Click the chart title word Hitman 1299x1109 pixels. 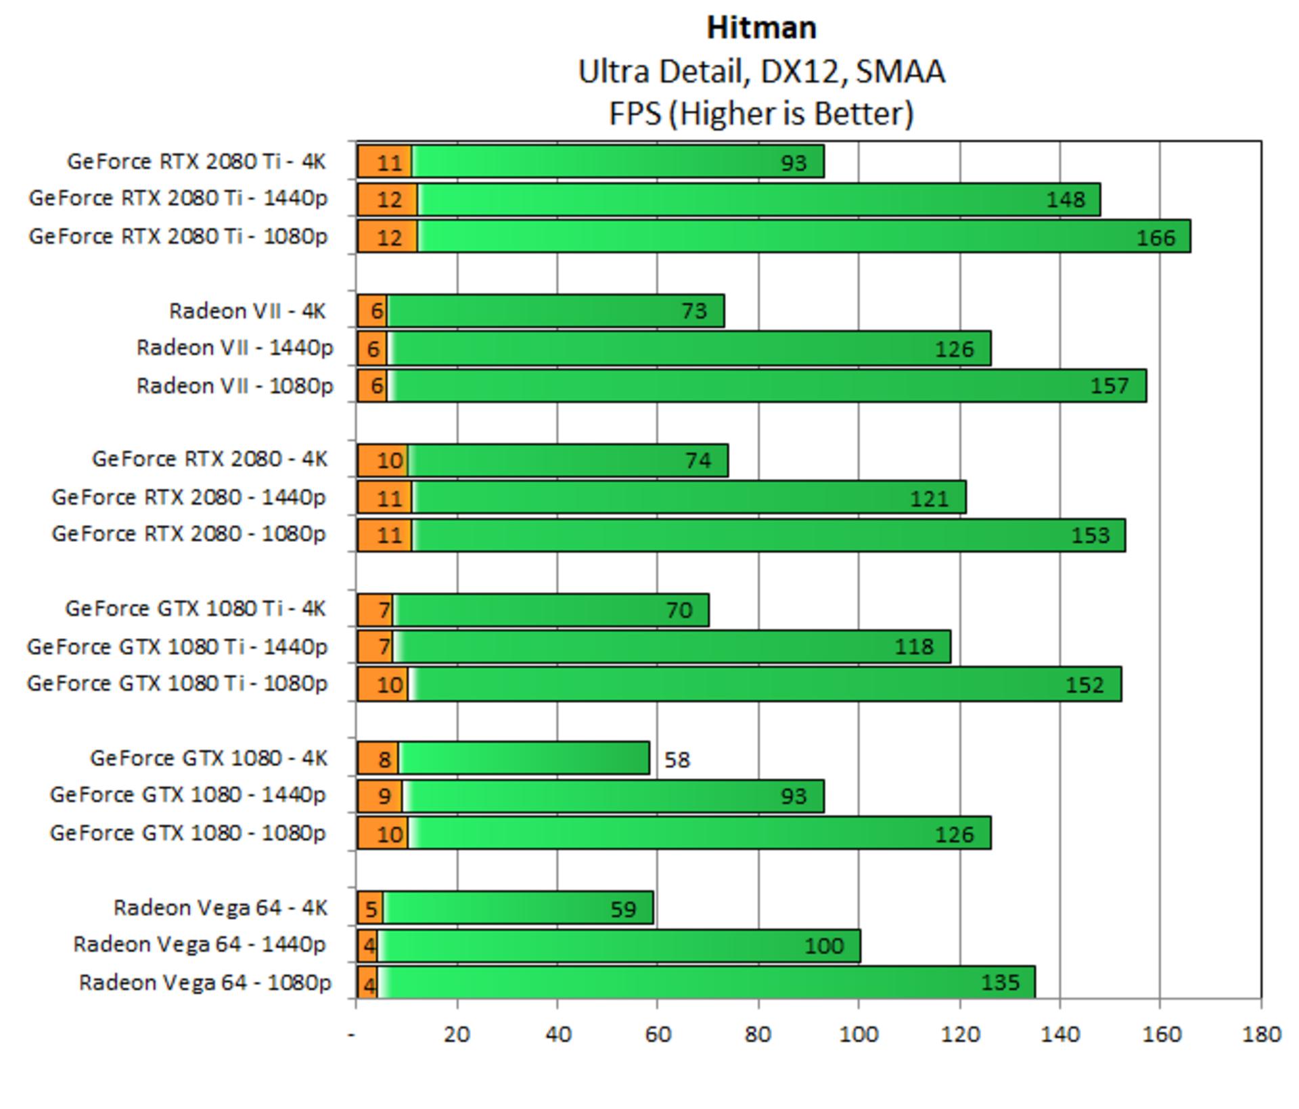click(761, 28)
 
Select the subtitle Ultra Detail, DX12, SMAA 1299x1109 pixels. click(761, 72)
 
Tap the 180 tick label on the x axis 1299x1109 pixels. click(1261, 1034)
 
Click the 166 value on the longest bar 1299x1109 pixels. click(1156, 237)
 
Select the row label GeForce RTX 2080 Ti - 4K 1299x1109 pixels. click(196, 162)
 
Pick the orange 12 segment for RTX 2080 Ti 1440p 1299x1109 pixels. click(388, 200)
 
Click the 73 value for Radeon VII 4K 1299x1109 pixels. click(693, 311)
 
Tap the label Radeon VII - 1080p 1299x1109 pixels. click(235, 386)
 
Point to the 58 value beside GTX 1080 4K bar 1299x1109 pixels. click(677, 760)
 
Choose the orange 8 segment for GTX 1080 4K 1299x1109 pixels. click(378, 759)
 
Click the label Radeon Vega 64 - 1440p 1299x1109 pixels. click(200, 945)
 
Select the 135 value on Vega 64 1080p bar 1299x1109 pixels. click(1000, 982)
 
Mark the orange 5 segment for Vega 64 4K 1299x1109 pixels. click(370, 908)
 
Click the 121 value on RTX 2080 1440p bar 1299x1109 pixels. click(929, 499)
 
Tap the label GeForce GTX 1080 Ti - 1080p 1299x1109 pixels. click(177, 684)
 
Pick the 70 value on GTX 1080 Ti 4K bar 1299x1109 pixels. click(679, 610)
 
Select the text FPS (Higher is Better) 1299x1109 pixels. click(761, 114)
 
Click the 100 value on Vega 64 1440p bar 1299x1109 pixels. click(824, 945)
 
